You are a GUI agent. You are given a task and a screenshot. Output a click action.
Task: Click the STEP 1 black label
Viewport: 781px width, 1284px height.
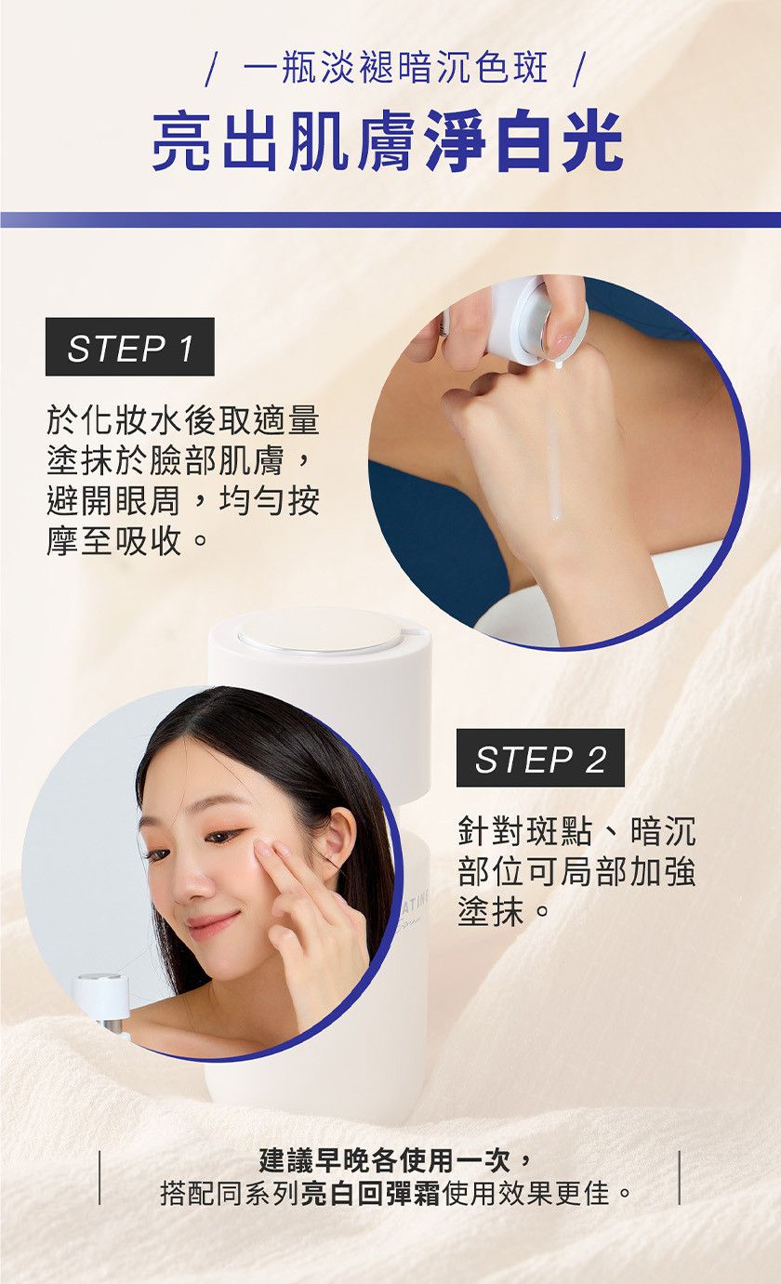pyautogui.click(x=129, y=347)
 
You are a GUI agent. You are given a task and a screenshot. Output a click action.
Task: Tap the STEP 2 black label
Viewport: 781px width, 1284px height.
pyautogui.click(x=540, y=758)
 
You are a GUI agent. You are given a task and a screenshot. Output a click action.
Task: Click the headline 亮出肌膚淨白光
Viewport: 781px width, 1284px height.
pyautogui.click(x=388, y=141)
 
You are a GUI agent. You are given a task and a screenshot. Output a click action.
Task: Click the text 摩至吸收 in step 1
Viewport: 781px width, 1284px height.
pyautogui.click(x=114, y=540)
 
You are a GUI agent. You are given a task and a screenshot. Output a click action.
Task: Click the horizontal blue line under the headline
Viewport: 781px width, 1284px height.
pyautogui.click(x=390, y=220)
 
